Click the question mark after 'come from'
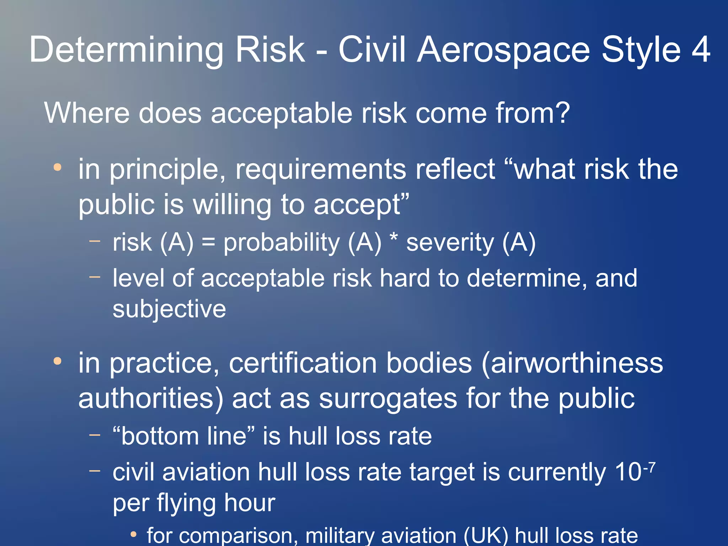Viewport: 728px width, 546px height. [562, 113]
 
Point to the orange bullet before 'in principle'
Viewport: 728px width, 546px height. [58, 167]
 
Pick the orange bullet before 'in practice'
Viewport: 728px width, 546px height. [58, 361]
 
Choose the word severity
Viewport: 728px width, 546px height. [450, 243]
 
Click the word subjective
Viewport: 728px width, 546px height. [169, 309]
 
